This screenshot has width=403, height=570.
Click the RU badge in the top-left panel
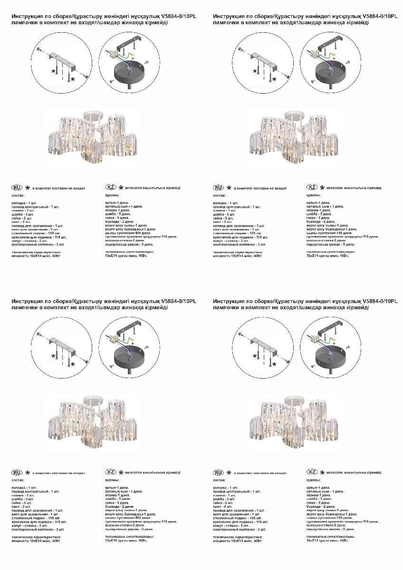pyautogui.click(x=17, y=188)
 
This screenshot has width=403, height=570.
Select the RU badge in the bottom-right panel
pyautogui.click(x=219, y=472)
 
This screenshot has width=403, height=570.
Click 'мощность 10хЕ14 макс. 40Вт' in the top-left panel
pyautogui.click(x=36, y=256)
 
